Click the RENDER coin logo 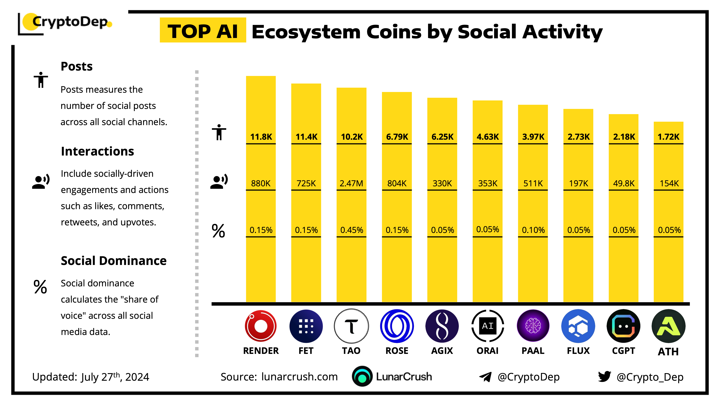[260, 326]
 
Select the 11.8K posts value [261, 137]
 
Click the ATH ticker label [668, 351]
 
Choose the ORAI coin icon [487, 326]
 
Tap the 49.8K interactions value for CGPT [624, 183]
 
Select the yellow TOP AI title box [203, 30]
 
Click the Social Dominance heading [113, 260]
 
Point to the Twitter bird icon [604, 377]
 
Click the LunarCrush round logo [362, 376]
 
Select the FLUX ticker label [578, 350]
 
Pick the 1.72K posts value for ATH [668, 137]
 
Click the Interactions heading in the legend [97, 151]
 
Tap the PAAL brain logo [533, 326]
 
